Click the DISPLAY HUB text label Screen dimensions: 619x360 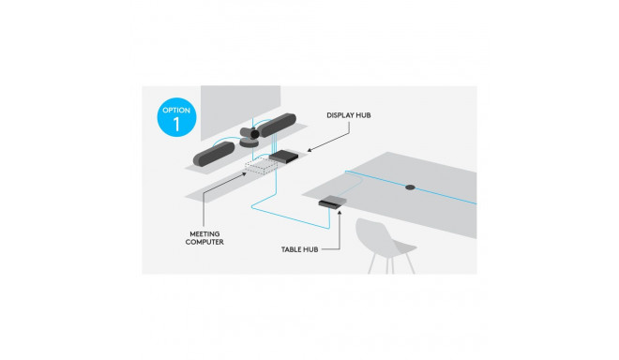[x=350, y=115]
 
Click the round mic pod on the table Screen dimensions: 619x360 [x=411, y=187]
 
